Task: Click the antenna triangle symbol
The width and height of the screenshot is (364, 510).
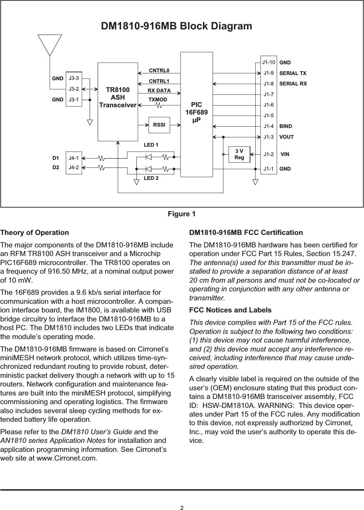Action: [50, 44]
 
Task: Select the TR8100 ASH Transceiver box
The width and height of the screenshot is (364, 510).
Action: [118, 102]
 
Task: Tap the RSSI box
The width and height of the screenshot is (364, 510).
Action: [159, 125]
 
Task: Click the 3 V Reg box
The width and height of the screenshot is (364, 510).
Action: [239, 154]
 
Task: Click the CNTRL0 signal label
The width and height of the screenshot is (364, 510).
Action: [159, 71]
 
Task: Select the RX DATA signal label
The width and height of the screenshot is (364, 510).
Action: [159, 91]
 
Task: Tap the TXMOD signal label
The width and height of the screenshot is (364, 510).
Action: [158, 100]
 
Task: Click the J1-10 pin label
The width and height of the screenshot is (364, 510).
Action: [268, 63]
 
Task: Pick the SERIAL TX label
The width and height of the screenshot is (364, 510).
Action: [293, 73]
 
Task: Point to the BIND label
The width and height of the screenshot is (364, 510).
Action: [286, 126]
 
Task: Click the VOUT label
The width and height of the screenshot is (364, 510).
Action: [286, 137]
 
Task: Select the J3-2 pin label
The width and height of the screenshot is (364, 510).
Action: [73, 89]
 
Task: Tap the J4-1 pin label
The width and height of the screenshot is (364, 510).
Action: [73, 158]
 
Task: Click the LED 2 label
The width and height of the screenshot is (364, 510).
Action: [151, 179]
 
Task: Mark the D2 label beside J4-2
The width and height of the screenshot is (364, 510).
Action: [55, 168]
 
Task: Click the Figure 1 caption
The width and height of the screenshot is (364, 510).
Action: [181, 215]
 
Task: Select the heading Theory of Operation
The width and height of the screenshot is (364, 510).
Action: [35, 233]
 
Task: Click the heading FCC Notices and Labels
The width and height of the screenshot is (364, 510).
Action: [230, 310]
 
